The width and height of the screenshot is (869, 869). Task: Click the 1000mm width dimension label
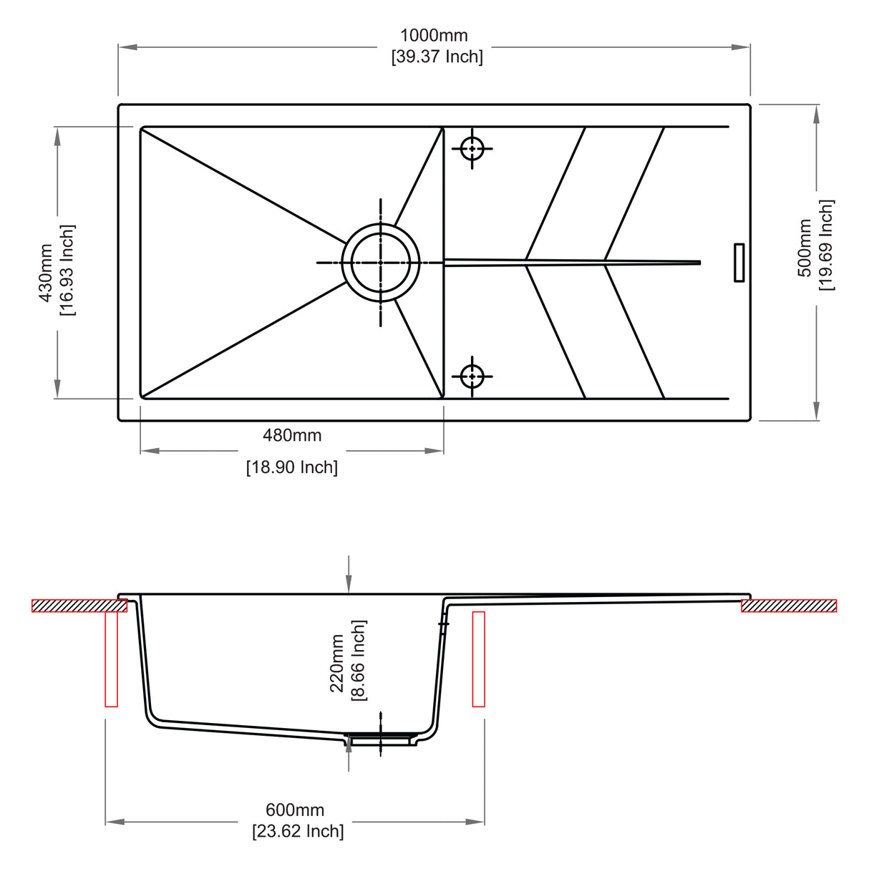point(434,35)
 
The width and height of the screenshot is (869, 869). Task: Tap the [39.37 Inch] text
point(437,57)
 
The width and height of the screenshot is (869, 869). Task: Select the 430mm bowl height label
point(46,273)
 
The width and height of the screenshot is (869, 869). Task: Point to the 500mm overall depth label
point(805,248)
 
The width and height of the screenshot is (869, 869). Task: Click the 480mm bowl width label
point(292,435)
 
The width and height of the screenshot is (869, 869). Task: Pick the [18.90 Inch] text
point(292,467)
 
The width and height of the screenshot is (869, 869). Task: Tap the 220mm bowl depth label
point(337,663)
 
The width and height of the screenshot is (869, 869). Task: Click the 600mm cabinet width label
point(295,810)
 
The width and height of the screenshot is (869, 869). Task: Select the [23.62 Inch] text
point(298,830)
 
